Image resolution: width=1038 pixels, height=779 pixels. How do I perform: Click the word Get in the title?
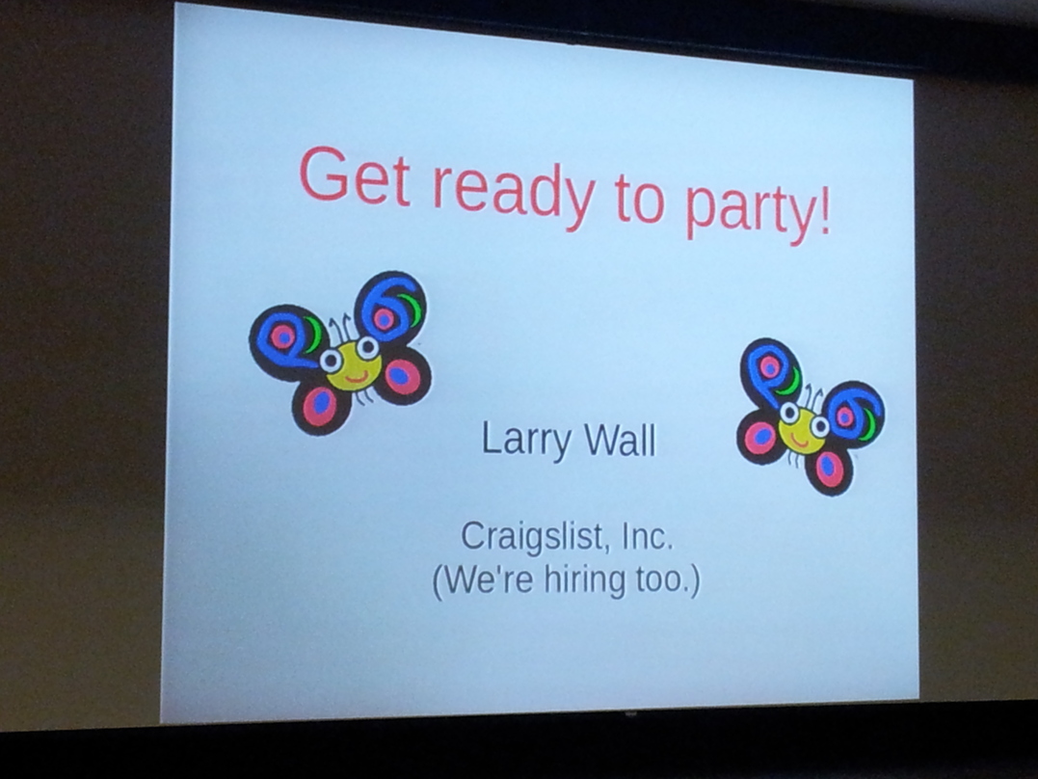(x=356, y=175)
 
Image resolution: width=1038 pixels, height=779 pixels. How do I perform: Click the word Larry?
(x=525, y=441)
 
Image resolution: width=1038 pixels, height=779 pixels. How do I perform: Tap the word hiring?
(x=584, y=581)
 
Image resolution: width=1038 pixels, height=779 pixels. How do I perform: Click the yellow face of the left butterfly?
(x=354, y=366)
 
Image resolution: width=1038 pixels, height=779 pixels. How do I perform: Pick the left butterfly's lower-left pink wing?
(x=320, y=408)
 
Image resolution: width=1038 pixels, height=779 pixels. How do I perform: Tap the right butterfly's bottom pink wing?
(x=828, y=470)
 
